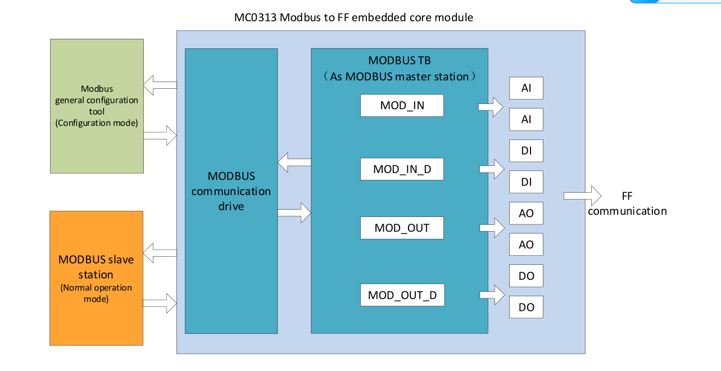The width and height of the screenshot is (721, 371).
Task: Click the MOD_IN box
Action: click(402, 106)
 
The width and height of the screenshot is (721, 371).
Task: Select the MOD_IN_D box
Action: click(402, 169)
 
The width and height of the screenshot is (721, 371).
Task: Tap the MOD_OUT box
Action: click(402, 228)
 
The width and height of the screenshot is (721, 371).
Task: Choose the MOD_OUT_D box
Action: click(402, 295)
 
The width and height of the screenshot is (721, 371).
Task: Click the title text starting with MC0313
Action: click(353, 17)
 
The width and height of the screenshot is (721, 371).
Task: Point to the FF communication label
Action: click(627, 204)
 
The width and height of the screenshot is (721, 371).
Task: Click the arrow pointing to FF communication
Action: click(583, 196)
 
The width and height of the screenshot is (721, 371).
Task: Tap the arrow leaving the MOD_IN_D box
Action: click(491, 169)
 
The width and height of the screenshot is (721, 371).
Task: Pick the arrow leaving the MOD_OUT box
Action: click(491, 228)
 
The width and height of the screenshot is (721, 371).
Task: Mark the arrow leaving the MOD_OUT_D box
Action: click(491, 295)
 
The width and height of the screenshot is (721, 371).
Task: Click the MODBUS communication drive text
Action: click(231, 191)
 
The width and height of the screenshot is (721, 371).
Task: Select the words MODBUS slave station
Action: click(96, 267)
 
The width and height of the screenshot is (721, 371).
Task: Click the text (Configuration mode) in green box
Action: click(97, 123)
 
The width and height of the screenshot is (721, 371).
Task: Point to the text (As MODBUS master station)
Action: click(400, 76)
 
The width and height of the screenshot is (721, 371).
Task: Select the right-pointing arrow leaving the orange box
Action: click(160, 304)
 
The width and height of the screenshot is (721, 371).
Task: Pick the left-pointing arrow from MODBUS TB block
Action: click(294, 163)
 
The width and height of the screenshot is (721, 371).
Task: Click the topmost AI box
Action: click(526, 88)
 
